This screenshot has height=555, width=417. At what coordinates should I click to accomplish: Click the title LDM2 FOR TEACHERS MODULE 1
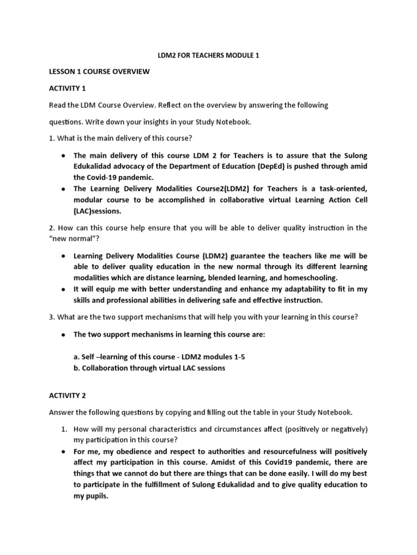tap(208, 55)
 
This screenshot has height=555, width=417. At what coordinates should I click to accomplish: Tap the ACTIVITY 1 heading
tap(67, 88)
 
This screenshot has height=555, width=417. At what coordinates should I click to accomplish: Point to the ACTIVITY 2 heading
tap(67, 396)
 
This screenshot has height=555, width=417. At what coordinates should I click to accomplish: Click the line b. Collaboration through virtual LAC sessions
tap(149, 368)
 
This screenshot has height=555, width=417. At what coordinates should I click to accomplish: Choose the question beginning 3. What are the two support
tap(204, 317)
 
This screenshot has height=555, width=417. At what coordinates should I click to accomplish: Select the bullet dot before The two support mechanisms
tap(64, 334)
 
